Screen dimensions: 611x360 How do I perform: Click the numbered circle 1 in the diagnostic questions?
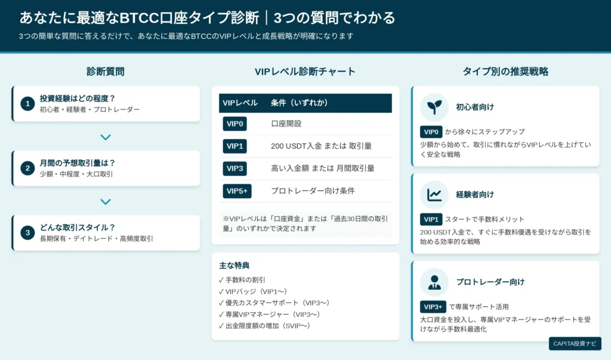coord(27,104)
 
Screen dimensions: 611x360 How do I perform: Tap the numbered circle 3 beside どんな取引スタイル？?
coord(27,233)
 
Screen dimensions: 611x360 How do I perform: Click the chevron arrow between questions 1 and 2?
coord(106,137)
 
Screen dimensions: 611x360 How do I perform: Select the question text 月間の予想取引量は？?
coord(77,163)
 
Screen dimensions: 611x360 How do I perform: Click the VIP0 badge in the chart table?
coord(234,124)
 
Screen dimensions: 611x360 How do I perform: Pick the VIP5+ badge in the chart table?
coord(237,191)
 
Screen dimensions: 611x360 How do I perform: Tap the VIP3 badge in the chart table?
coord(234,168)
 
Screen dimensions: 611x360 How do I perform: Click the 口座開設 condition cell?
coord(286,124)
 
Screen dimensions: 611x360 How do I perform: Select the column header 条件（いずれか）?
coord(300,103)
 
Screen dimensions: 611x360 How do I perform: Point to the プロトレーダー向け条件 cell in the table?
coord(313,191)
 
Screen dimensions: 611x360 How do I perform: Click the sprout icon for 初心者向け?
coord(434,107)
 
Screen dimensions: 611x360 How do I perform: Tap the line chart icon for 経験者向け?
coord(434,195)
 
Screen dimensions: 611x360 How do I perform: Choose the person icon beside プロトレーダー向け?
coord(434,282)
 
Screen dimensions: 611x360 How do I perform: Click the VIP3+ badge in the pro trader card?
coord(433,307)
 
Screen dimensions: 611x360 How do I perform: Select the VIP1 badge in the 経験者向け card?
coord(431,220)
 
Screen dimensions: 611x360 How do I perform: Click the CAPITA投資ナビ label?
coord(575,344)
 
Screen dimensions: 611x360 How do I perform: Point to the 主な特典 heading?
coord(234,266)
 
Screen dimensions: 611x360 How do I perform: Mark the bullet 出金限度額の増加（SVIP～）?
coord(264,326)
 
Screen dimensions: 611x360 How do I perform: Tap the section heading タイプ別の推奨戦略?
coord(505,72)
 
